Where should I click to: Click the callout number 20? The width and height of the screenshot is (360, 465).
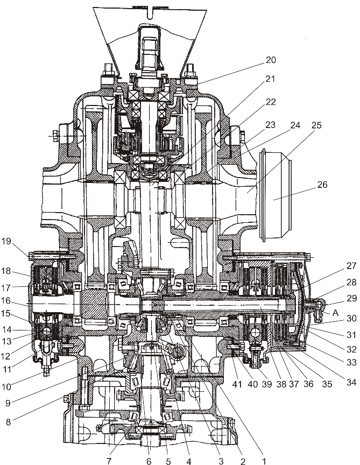pos(271,60)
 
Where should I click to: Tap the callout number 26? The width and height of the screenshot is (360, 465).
pos(322,185)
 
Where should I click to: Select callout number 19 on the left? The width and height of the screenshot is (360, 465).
pos(6,241)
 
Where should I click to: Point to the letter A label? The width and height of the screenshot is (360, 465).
pos(335,313)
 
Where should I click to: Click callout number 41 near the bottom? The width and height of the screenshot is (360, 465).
pos(237,384)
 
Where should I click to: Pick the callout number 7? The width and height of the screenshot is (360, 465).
pos(109,461)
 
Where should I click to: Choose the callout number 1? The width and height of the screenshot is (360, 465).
pos(263,461)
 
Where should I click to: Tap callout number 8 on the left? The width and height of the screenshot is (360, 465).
pos(8,421)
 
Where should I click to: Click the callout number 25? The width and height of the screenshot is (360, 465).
pos(316,125)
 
